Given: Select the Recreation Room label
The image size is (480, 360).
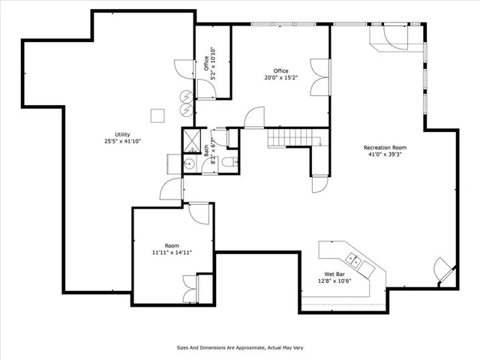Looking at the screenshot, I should point(385,148).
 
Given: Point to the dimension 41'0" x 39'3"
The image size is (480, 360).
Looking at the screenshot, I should point(385,155).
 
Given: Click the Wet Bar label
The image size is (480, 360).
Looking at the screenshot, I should point(334,274).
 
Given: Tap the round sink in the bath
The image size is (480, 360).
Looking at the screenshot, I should point(190,164).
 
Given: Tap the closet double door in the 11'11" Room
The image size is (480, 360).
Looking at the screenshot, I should point(188,289).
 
